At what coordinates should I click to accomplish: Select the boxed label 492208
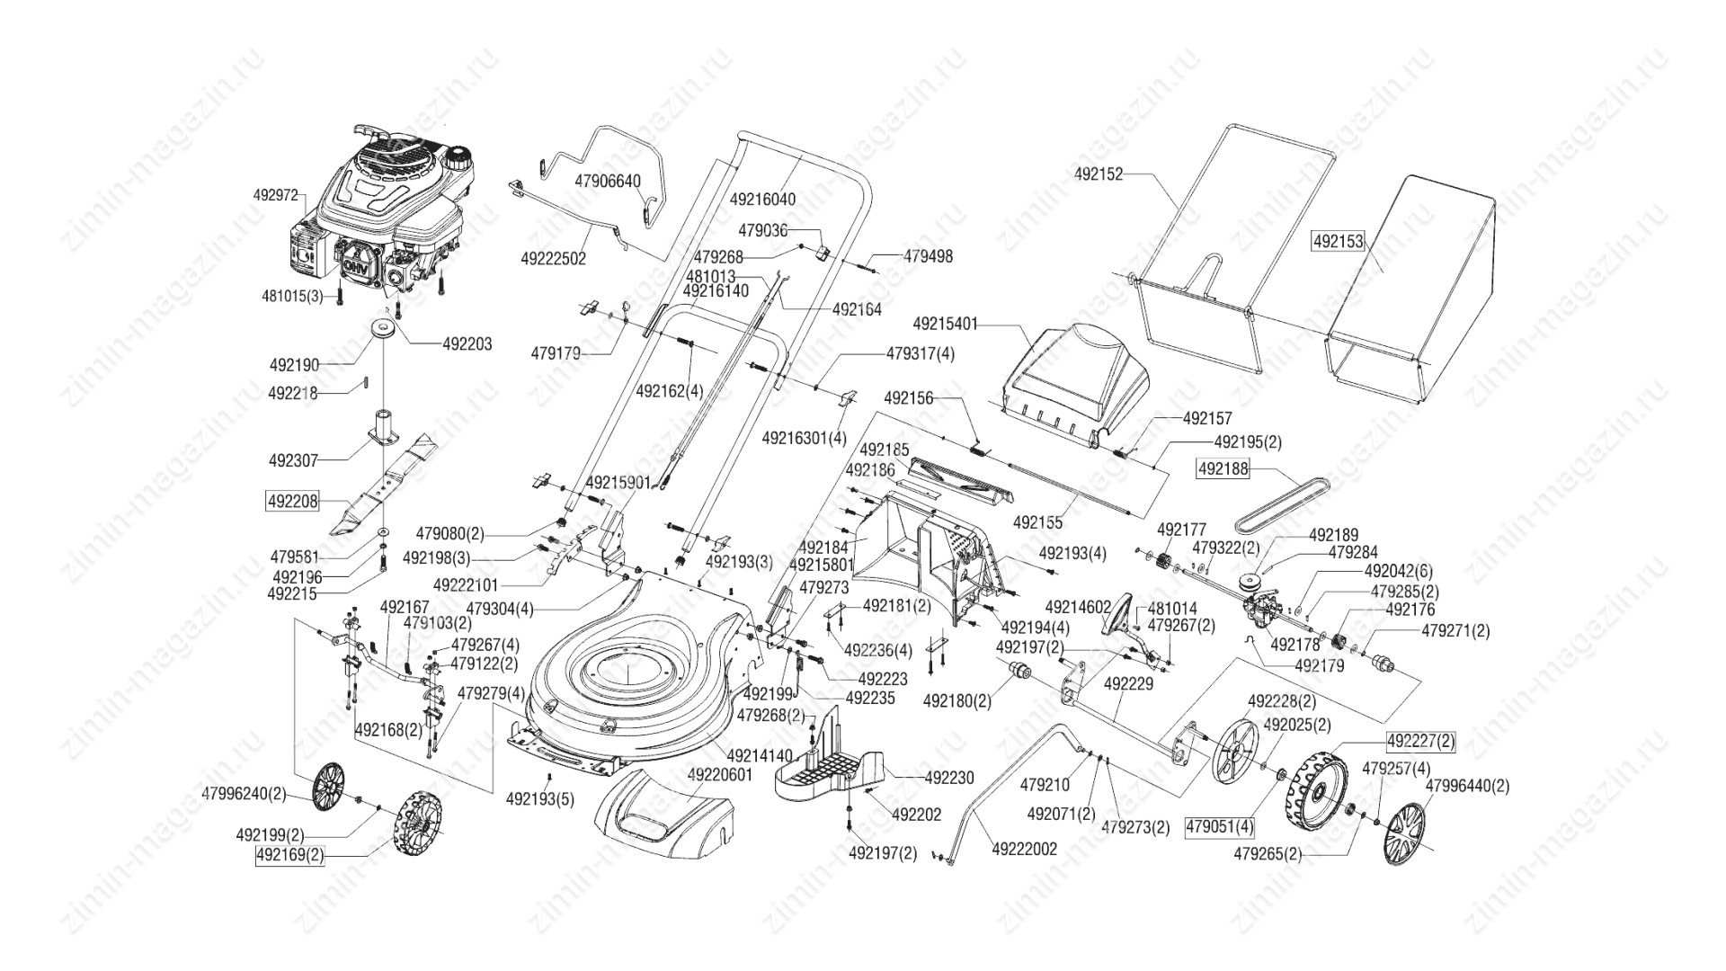293,501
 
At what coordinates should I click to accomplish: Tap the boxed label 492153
1339,241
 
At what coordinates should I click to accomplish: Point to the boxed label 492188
1223,468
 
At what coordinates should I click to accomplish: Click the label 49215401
945,323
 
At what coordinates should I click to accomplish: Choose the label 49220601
719,774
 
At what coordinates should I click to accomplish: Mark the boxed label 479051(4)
1219,825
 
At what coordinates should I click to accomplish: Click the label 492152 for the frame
1099,174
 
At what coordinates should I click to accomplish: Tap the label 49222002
1025,849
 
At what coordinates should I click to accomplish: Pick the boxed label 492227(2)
1420,741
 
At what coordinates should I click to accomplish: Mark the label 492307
293,460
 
